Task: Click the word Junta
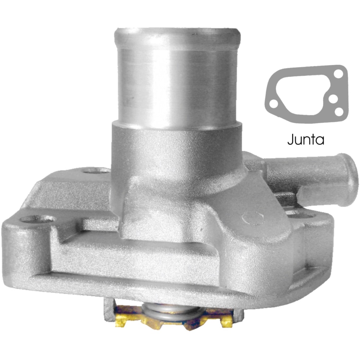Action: pyautogui.click(x=306, y=139)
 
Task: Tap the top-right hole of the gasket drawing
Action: pyautogui.click(x=338, y=74)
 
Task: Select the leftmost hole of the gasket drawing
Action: pyautogui.click(x=274, y=104)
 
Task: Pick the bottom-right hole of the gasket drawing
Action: pyautogui.click(x=339, y=112)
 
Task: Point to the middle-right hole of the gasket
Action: pyautogui.click(x=333, y=99)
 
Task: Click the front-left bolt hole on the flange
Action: pyautogui.click(x=37, y=219)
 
